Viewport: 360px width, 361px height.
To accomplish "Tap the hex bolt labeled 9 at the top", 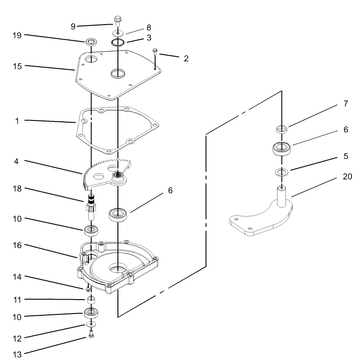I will pos(117,21).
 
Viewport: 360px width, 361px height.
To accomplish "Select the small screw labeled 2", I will pos(155,51).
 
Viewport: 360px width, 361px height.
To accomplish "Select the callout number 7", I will pos(345,104).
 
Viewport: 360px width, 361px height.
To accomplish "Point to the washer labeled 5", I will pos(282,172).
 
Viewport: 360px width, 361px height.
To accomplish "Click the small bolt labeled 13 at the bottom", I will pos(91,334).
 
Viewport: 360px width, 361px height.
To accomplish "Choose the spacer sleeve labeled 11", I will pos(91,299).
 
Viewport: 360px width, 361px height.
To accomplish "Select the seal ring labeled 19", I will pos(92,42).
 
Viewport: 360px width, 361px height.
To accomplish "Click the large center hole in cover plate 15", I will pos(117,73).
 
